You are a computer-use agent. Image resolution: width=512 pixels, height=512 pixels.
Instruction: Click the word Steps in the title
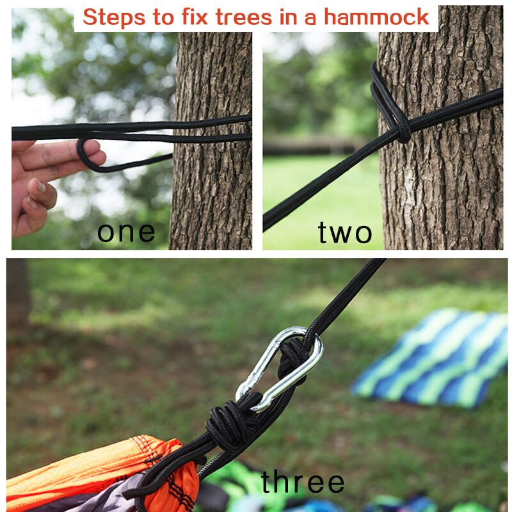tap(113, 17)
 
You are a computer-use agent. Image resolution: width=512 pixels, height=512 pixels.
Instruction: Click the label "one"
tap(126, 232)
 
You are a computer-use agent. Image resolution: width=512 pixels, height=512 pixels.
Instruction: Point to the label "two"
tap(345, 233)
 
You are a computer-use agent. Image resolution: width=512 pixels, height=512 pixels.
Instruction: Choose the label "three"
tap(303, 483)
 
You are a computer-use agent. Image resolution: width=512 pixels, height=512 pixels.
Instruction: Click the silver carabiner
tap(279, 369)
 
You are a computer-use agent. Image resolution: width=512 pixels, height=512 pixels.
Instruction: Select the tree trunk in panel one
tap(211, 192)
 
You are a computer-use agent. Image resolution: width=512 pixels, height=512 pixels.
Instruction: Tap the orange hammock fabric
tap(96, 461)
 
